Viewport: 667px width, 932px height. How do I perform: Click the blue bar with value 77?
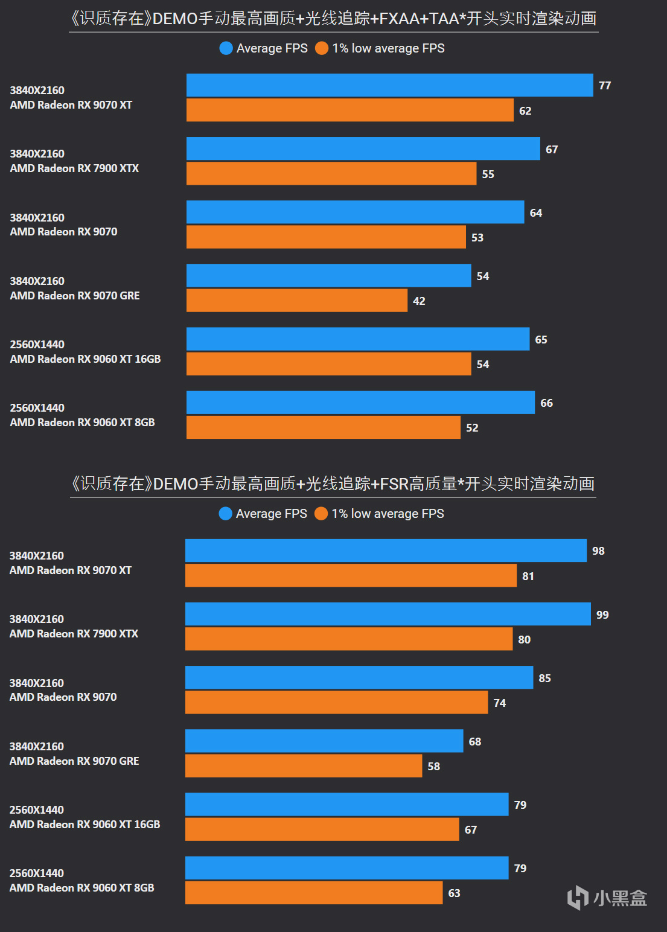point(389,85)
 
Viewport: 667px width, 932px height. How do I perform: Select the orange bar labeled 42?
point(296,301)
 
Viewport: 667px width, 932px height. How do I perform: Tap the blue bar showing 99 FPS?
point(388,614)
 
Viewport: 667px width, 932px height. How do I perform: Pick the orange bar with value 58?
point(303,766)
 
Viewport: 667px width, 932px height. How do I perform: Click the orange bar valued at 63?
point(313,893)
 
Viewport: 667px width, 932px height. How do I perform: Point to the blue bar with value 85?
point(359,678)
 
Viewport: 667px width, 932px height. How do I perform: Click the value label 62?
point(525,111)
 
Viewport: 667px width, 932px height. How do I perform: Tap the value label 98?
point(598,551)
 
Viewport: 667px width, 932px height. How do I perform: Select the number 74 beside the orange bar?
point(500,703)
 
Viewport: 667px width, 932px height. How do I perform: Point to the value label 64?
point(536,213)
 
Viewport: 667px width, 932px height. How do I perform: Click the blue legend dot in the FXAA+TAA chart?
point(226,48)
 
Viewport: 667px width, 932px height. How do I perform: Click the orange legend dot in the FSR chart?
point(321,514)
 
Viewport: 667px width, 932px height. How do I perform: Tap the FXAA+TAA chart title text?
point(333,19)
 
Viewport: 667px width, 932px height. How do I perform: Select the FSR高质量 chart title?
point(333,484)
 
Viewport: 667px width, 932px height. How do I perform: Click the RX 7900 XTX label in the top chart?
point(74,168)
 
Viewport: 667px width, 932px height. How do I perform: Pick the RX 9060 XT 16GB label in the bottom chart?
point(85,825)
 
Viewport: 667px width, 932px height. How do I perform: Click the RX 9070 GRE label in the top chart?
point(75,296)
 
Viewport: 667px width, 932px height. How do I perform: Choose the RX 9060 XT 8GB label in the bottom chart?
point(81,888)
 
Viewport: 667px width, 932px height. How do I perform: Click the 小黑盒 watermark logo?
point(607,898)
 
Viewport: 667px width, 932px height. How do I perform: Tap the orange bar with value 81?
point(350,576)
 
